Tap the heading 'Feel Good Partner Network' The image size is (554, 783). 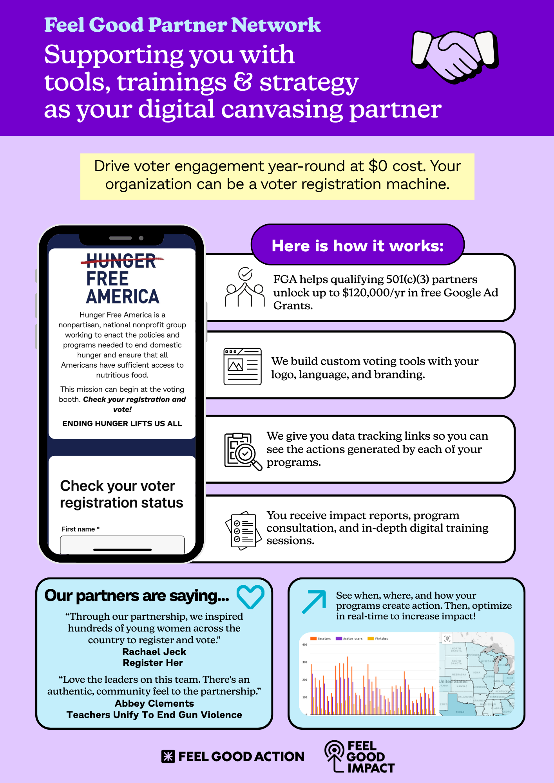click(x=182, y=25)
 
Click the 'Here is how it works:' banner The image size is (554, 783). click(x=357, y=245)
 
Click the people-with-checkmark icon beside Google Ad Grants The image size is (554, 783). click(x=245, y=287)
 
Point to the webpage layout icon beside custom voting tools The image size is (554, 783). click(x=243, y=366)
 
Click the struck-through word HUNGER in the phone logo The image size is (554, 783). click(x=121, y=261)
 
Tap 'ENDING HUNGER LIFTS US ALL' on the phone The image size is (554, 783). click(x=122, y=424)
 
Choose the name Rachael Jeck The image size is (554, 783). click(x=154, y=652)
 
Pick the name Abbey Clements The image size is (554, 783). click(x=154, y=704)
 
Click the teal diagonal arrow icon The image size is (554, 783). click(x=314, y=601)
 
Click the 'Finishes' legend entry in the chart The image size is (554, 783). click(x=378, y=639)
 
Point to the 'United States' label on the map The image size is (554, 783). click(x=453, y=682)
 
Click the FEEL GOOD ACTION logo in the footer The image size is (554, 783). click(x=233, y=756)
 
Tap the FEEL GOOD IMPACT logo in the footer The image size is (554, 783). click(x=360, y=757)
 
